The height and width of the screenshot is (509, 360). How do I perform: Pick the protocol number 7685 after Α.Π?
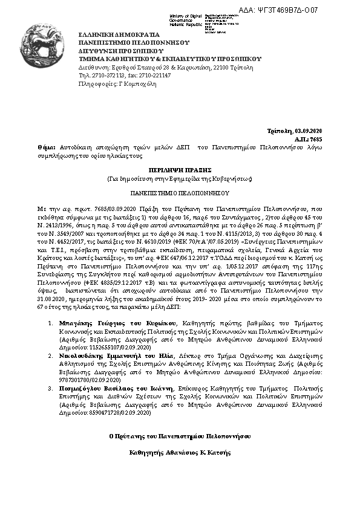333,139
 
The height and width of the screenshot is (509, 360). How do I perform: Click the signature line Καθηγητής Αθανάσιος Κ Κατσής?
180,452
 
